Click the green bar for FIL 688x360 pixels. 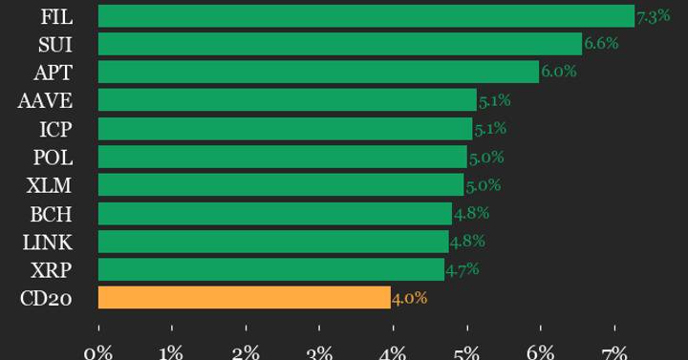(366, 16)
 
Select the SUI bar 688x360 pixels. (339, 44)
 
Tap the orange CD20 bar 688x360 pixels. (244, 298)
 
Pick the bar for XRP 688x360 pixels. (270, 269)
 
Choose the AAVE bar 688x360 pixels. (287, 100)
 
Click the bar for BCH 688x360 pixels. (274, 213)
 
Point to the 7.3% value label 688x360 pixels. (653, 16)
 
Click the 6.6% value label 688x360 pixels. (601, 44)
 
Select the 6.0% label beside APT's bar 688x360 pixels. (559, 72)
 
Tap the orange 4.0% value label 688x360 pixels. (409, 298)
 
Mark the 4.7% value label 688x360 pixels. (462, 269)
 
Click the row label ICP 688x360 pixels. (55, 129)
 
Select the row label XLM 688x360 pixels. (51, 185)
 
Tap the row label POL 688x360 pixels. (53, 157)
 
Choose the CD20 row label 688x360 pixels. (46, 298)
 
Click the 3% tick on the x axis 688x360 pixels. (319, 353)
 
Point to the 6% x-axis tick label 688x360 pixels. (540, 353)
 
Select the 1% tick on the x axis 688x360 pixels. (171, 353)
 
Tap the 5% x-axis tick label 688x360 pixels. (466, 353)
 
